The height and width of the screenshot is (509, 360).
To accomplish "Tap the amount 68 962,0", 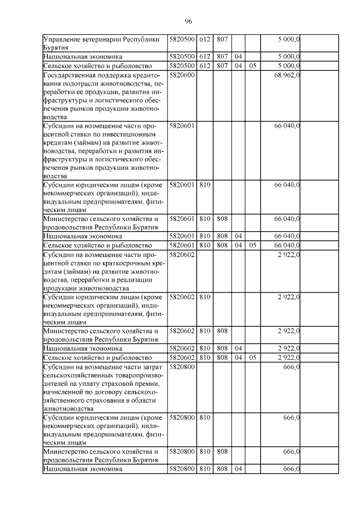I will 287,75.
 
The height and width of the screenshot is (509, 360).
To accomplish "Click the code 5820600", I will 182,75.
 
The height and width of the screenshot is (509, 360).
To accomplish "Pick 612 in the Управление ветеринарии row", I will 204,39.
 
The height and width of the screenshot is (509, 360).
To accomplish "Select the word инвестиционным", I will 126,135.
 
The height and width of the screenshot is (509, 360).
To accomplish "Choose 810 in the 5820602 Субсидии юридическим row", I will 204,296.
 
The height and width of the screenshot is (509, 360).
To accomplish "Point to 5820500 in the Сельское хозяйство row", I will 182,66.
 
